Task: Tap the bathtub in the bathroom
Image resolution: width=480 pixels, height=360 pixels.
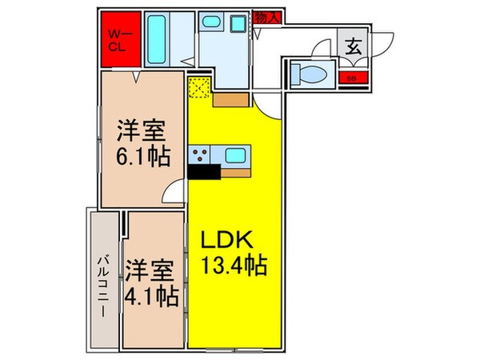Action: pos(157,40)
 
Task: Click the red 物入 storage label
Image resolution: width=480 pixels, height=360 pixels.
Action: pos(266,17)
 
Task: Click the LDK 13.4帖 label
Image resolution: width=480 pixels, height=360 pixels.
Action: pos(234,251)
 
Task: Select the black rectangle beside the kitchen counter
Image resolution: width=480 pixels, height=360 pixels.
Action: pos(203,171)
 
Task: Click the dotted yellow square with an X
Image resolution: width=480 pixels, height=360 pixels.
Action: pos(198,87)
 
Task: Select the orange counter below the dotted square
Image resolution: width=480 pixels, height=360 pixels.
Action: pos(230,101)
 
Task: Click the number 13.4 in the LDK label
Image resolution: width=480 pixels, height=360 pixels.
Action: pos(225,264)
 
